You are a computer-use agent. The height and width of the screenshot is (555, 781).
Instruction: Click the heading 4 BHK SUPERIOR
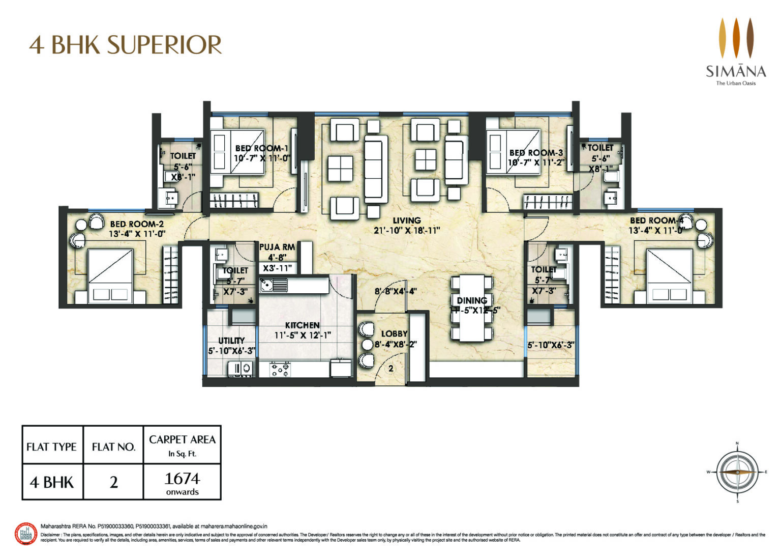pyautogui.click(x=126, y=45)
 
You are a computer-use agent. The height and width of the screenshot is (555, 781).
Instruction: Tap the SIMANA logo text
pyautogui.click(x=735, y=70)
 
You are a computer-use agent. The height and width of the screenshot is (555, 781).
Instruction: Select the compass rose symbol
pyautogui.click(x=737, y=472)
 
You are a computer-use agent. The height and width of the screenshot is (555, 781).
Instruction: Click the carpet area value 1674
pyautogui.click(x=182, y=479)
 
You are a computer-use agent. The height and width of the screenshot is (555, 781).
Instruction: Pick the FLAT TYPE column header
pyautogui.click(x=51, y=447)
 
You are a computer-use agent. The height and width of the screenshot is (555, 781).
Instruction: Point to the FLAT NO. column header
pyautogui.click(x=113, y=447)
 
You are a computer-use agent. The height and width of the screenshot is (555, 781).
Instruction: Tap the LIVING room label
pyautogui.click(x=406, y=220)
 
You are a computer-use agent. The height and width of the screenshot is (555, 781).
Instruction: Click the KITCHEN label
pyautogui.click(x=302, y=325)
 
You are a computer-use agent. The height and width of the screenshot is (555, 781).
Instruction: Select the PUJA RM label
pyautogui.click(x=277, y=247)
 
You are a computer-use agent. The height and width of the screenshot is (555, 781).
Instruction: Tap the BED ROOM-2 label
pyautogui.click(x=137, y=224)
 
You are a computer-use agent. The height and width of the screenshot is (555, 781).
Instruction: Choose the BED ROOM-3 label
pyautogui.click(x=536, y=152)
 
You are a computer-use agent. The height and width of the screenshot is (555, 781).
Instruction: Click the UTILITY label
pyautogui.click(x=231, y=341)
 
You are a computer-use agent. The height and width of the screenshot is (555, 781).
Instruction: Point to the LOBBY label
pyautogui.click(x=394, y=334)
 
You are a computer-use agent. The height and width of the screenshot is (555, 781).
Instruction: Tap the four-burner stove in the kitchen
pyautogui.click(x=280, y=369)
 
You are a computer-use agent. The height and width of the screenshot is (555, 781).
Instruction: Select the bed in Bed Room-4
pyautogui.click(x=669, y=276)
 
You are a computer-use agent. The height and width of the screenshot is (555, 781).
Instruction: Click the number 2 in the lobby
pyautogui.click(x=391, y=369)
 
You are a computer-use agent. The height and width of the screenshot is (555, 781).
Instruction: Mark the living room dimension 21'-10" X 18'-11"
pyautogui.click(x=407, y=231)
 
